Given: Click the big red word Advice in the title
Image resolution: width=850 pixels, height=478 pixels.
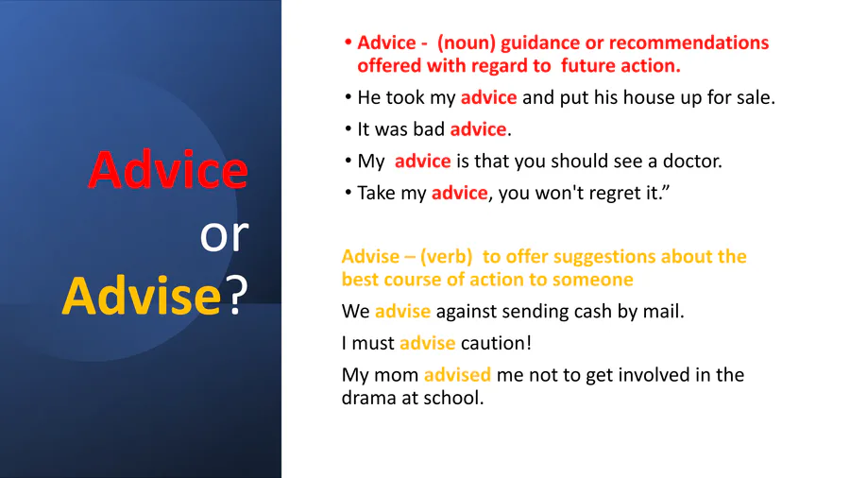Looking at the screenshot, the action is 168,170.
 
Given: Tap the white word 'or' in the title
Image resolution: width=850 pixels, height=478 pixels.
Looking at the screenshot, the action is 224,236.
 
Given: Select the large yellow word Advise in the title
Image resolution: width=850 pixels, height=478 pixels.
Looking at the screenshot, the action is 142,296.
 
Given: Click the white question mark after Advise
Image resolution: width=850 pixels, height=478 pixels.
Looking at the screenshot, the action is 237,295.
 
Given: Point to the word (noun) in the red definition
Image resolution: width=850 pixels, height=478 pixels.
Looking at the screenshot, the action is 467,43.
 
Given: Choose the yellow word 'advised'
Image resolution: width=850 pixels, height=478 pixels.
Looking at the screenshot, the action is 457,374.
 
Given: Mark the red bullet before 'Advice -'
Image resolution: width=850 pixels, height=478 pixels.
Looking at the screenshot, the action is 348,43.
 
